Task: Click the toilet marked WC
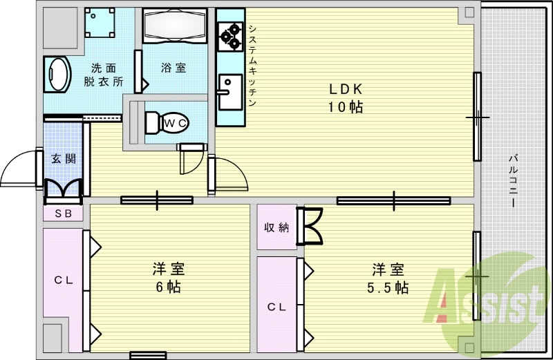(x=167, y=123)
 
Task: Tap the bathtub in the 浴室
(x=175, y=26)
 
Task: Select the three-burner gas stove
(x=230, y=37)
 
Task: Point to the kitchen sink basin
(x=230, y=92)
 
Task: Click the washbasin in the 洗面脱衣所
(x=57, y=75)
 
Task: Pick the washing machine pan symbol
(x=100, y=23)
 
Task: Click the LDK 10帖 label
(x=346, y=97)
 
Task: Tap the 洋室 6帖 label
(x=169, y=278)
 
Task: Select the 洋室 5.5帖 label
(x=388, y=278)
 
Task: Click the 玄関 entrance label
(x=64, y=159)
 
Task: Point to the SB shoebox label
(x=64, y=214)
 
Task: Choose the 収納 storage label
(x=277, y=227)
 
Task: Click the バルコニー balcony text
(x=514, y=181)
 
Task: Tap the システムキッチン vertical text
(x=252, y=65)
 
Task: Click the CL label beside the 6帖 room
(x=64, y=281)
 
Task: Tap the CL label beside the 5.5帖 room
(x=277, y=307)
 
